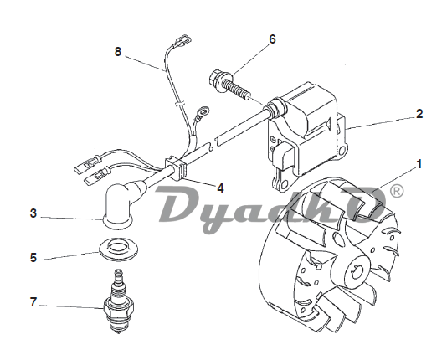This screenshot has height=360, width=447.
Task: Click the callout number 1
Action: [419, 164]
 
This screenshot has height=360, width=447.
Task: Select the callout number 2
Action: [419, 114]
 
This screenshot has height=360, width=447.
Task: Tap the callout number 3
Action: [33, 213]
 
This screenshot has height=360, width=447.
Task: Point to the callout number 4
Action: [220, 188]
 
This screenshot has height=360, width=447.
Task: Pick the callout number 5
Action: [33, 258]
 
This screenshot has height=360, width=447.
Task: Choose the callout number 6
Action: [273, 39]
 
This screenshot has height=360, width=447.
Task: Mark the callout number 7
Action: [33, 302]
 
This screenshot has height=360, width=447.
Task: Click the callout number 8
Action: [118, 52]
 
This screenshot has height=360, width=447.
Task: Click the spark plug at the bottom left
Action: [118, 301]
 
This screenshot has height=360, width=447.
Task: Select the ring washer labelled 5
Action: [119, 249]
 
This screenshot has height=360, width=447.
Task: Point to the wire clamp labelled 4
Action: [176, 167]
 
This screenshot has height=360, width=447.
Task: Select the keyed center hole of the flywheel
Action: [357, 270]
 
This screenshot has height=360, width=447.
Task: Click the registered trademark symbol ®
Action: [396, 191]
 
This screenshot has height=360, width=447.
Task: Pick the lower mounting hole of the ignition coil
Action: [284, 186]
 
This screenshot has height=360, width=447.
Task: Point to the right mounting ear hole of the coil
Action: [342, 151]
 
